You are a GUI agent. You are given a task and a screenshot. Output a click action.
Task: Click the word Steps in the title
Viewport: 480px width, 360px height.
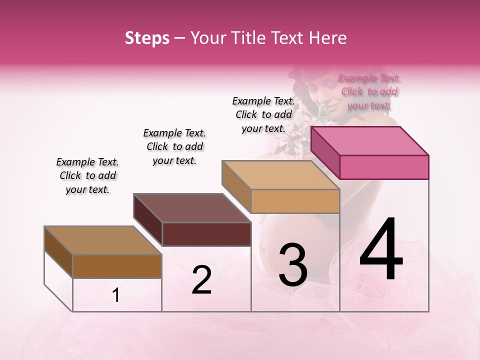tap(147, 38)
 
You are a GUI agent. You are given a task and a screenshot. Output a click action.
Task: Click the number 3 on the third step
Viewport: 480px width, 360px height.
tap(293, 265)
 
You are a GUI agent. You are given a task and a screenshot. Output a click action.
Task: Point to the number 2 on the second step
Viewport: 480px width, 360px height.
tap(201, 280)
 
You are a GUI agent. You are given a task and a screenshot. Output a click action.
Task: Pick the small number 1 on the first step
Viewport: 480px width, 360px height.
tap(116, 295)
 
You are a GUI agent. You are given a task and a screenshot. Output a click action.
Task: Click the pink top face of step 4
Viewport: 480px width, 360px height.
tap(370, 140)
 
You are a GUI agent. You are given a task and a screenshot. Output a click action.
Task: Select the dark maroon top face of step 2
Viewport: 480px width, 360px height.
tap(192, 207)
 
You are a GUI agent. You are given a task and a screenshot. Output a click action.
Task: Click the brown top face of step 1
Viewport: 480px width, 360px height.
tap(103, 240)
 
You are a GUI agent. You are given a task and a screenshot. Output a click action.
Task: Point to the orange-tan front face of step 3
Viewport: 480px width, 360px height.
tap(295, 201)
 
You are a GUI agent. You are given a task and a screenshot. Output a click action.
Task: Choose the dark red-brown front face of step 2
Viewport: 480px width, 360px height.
tap(206, 234)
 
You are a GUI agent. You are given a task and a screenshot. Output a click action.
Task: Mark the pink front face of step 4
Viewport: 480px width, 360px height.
tap(384, 167)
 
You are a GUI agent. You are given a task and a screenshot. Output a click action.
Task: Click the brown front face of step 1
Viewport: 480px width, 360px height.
tap(117, 266)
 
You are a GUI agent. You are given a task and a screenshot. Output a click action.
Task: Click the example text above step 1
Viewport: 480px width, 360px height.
tap(87, 175)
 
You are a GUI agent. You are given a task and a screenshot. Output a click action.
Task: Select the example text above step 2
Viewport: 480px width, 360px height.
tap(174, 146)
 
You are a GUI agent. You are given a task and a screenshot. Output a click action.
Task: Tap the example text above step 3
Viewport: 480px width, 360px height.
tap(263, 114)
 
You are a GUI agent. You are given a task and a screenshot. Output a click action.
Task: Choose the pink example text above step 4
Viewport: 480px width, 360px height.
tap(369, 91)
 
